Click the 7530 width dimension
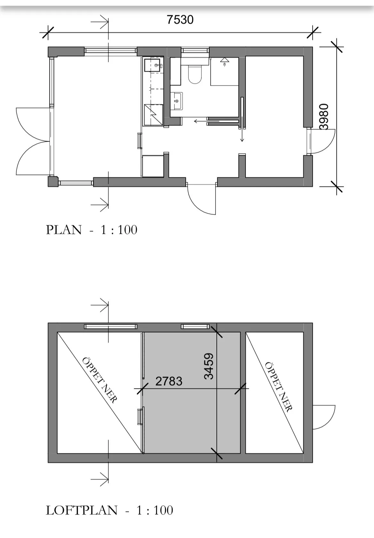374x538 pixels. (180, 20)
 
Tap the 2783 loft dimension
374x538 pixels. (168, 381)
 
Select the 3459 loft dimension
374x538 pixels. (209, 366)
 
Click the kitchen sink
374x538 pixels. (153, 65)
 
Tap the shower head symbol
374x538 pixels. (225, 61)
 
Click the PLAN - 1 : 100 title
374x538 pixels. (91, 230)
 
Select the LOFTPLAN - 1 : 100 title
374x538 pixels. (109, 511)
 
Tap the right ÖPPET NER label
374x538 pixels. (278, 387)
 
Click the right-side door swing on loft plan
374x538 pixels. (323, 417)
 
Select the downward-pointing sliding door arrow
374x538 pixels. (242, 134)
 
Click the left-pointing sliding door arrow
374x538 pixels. (201, 121)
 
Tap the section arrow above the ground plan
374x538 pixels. (100, 22)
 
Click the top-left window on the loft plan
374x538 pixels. (111, 327)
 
